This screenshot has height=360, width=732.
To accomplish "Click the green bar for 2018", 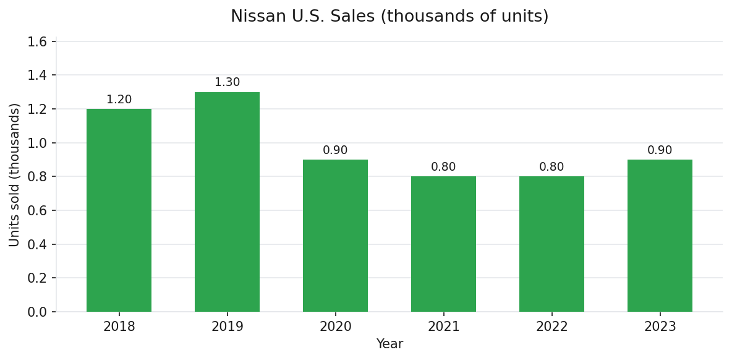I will click(x=119, y=210).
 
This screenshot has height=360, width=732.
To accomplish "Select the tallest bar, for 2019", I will click(x=227, y=202).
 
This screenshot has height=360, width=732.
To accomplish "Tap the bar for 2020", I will click(x=335, y=236).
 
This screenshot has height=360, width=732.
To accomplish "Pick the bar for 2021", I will click(x=443, y=244).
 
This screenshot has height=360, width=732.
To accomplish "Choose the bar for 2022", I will click(x=551, y=244).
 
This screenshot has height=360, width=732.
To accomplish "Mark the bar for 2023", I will click(x=660, y=236).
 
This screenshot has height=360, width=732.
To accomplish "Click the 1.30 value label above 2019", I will click(x=227, y=82).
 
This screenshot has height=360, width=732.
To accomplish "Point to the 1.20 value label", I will click(x=119, y=100).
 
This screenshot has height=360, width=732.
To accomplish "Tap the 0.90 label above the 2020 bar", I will click(x=335, y=150).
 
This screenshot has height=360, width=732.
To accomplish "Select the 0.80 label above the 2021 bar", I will click(x=443, y=167).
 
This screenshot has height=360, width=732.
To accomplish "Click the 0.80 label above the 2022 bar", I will click(x=551, y=167).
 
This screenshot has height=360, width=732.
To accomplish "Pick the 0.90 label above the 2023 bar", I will click(x=660, y=150).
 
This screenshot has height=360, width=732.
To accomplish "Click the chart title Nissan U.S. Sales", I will click(x=389, y=17).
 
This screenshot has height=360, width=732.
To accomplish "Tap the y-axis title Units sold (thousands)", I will click(x=15, y=175).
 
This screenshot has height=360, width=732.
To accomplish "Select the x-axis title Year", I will click(x=389, y=345).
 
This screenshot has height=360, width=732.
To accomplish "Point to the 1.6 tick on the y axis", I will click(x=37, y=42).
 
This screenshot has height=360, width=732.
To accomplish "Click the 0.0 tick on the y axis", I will click(x=37, y=312).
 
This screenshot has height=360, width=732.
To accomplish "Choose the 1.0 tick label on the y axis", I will click(x=37, y=143).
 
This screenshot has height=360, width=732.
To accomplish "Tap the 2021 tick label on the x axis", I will click(x=443, y=327).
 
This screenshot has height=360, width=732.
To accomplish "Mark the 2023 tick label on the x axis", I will click(x=660, y=327).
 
